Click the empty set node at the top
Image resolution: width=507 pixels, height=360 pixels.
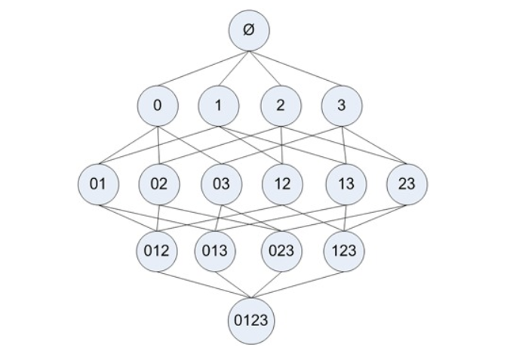pos(249,30)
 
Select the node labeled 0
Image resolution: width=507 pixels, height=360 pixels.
pos(157,106)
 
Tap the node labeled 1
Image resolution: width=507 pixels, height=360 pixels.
pos(218,106)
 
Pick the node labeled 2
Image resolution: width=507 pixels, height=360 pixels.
pos(280,106)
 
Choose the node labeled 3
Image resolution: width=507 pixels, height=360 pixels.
pos(341,106)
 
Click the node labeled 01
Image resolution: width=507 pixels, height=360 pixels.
pos(98,183)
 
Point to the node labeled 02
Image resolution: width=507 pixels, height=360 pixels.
pos(159,183)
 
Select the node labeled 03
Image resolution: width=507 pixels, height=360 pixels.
pos(220,183)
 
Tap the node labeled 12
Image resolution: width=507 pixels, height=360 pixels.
pos(282,183)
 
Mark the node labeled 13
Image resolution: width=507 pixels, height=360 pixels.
pos(345,183)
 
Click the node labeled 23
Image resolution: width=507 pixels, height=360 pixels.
pos(406,183)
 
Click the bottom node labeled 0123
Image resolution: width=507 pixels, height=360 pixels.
pos(250,320)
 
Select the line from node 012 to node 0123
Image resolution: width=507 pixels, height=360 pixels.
pos(204,286)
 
